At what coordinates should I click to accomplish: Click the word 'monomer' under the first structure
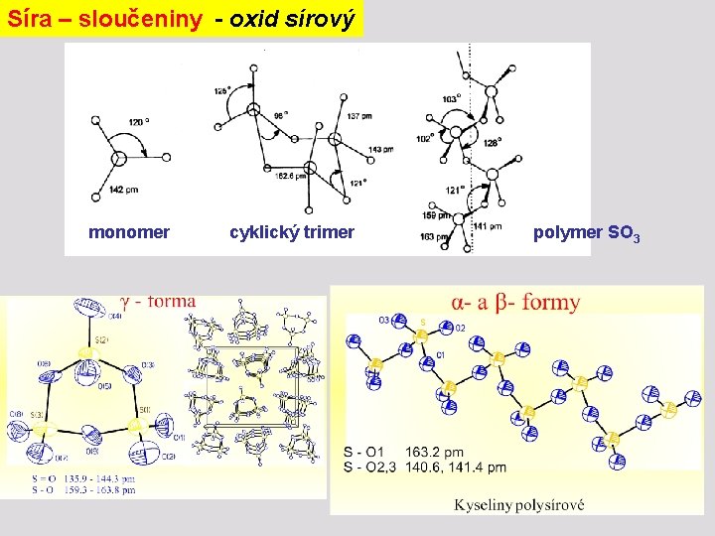coord(129,233)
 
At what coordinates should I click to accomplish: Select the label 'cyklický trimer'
coord(292,233)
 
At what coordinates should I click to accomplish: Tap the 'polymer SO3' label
coord(587,234)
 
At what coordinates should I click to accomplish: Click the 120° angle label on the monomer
coord(139,122)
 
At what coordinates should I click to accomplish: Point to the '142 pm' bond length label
coord(123,190)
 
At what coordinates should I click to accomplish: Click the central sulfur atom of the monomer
coord(118,157)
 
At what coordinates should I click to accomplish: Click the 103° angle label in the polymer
coord(451,99)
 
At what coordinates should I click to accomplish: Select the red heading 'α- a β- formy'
coord(515,302)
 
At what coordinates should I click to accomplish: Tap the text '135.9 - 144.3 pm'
coord(97,478)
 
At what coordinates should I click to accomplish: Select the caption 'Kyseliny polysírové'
coord(519,504)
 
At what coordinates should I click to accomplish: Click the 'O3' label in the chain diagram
coord(383,319)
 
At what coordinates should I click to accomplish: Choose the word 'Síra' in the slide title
coord(27,18)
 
